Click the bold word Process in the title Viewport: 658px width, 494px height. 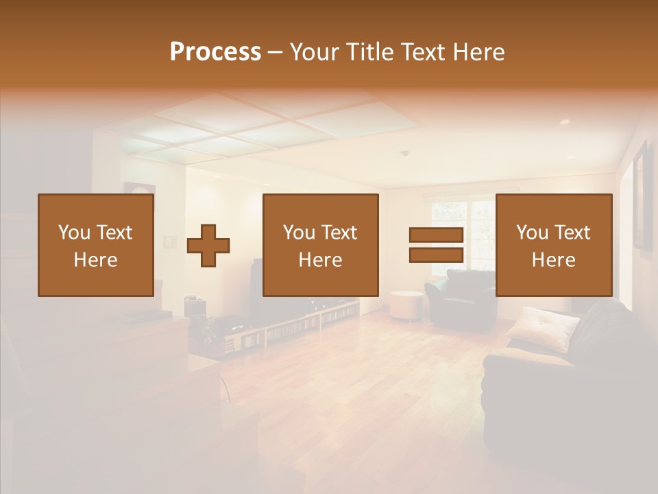(x=215, y=52)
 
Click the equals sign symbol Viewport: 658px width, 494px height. (x=436, y=245)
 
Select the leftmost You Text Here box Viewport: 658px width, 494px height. (x=96, y=245)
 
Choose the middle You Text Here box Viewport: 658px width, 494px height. (x=321, y=245)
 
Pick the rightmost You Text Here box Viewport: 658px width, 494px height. (x=554, y=245)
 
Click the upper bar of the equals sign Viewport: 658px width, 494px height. (x=436, y=235)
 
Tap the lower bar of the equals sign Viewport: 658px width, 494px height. (x=436, y=255)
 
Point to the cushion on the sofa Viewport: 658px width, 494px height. (x=542, y=327)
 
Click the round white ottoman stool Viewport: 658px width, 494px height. (x=406, y=305)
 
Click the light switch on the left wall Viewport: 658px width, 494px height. (x=169, y=242)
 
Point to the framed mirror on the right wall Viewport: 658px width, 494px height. (x=642, y=196)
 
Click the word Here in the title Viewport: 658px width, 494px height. (x=479, y=52)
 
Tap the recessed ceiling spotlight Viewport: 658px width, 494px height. (x=564, y=121)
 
